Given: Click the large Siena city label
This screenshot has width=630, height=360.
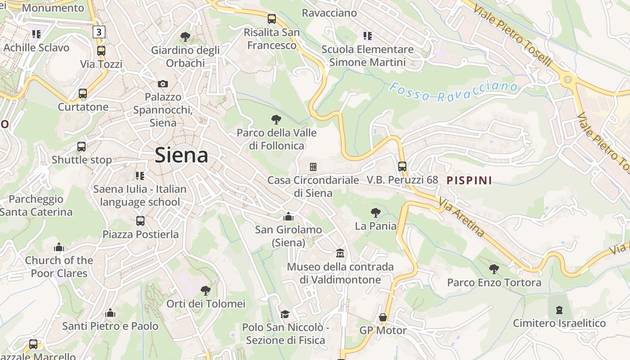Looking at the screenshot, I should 181,155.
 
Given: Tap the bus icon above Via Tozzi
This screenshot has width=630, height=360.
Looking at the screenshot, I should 101,51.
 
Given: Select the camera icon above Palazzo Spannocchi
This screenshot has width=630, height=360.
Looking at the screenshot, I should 163,84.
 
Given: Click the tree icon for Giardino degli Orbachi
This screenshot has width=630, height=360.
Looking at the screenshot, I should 185,37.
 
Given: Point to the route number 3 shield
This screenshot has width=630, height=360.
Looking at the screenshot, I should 99,32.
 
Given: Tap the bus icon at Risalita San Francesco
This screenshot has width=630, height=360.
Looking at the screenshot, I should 272,19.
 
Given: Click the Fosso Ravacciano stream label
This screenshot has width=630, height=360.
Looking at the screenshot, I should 453,91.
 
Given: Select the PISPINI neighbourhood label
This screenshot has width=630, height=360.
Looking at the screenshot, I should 469,181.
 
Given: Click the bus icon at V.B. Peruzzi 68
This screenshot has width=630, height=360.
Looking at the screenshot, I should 402,166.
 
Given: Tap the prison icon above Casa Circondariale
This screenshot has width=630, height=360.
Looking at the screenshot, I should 313,167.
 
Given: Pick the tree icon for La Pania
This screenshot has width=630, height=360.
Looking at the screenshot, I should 375,213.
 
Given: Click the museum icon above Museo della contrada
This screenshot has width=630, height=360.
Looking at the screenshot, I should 340,254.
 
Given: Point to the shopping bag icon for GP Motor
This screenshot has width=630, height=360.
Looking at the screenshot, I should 383,318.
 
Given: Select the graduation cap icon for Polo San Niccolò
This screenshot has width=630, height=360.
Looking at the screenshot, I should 285,314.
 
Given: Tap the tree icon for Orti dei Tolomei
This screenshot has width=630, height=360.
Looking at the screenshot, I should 206,290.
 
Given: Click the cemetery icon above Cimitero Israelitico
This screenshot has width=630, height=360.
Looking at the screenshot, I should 559,310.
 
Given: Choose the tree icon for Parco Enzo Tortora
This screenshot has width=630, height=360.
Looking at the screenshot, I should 494,269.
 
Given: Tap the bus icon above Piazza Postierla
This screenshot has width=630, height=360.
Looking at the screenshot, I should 140,221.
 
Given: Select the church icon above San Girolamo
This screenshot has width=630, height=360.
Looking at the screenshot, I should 288,217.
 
